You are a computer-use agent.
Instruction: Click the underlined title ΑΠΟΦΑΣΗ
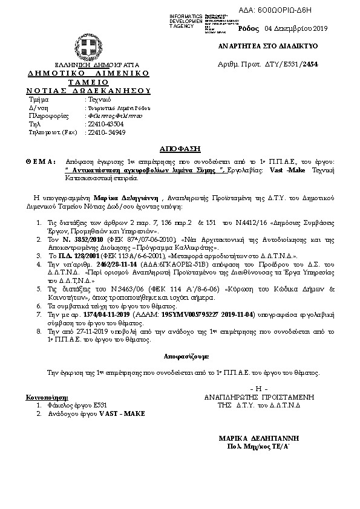coord(180,148)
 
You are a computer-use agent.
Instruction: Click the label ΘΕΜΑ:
coord(41,162)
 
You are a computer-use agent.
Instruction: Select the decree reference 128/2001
coord(91,273)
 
